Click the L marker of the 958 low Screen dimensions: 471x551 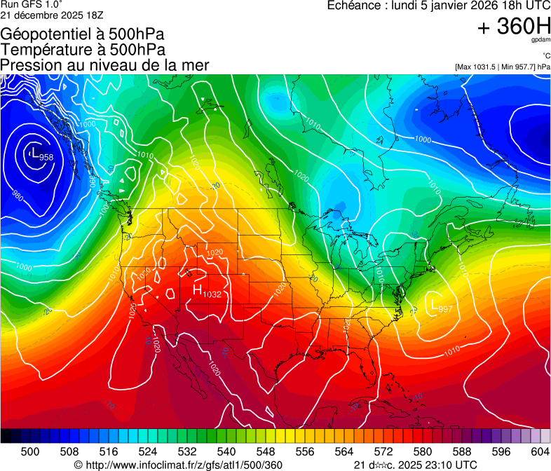pyautogui.click(x=35, y=151)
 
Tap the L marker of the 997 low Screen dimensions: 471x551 pyautogui.click(x=433, y=305)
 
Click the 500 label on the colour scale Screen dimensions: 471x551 pyautogui.click(x=30, y=451)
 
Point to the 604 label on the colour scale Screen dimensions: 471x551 pyautogui.click(x=540, y=451)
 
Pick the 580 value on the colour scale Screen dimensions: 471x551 pyautogui.click(x=423, y=451)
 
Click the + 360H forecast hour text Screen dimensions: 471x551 pyautogui.click(x=513, y=27)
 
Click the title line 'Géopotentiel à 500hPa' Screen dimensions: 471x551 pyautogui.click(x=82, y=34)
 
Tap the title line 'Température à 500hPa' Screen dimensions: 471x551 pyautogui.click(x=83, y=50)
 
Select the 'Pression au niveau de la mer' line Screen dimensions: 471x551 pyautogui.click(x=104, y=65)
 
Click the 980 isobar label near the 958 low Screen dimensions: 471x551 pyautogui.click(x=18, y=197)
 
